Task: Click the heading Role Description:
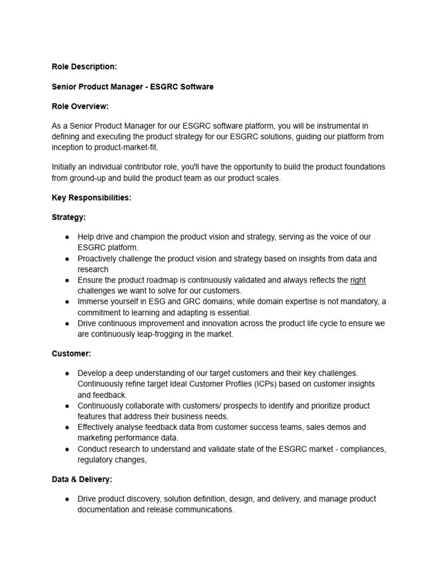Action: (84, 67)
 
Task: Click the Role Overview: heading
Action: (80, 107)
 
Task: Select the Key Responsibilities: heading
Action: (92, 198)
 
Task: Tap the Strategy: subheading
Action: (69, 218)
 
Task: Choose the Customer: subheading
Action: (72, 354)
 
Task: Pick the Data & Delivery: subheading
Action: (82, 479)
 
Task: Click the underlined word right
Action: (358, 280)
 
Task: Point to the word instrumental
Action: (330, 126)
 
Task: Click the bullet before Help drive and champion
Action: (67, 237)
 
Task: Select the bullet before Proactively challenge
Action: (67, 259)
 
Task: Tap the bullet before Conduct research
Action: (67, 449)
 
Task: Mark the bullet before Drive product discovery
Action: (67, 499)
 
